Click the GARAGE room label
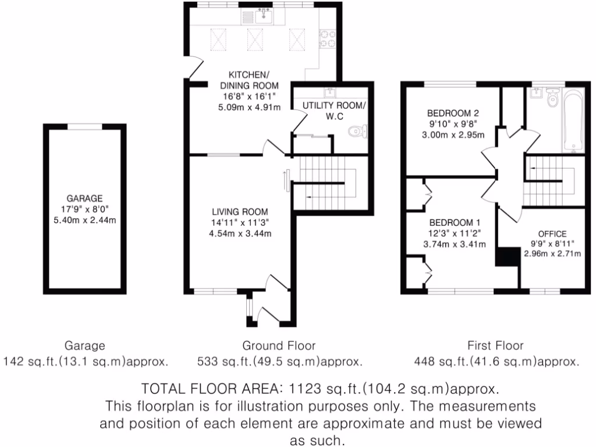pyautogui.click(x=84, y=198)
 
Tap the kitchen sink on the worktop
pyautogui.click(x=263, y=16)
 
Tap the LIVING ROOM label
pyautogui.click(x=240, y=212)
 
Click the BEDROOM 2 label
pyautogui.click(x=452, y=113)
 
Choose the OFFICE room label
pyautogui.click(x=552, y=233)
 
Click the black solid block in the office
pyautogui.click(x=507, y=257)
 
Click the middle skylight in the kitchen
pyautogui.click(x=255, y=40)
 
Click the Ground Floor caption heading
pyautogui.click(x=280, y=345)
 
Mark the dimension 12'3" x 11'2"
pyautogui.click(x=454, y=233)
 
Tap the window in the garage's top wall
pyautogui.click(x=85, y=126)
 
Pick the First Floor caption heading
pyautogui.click(x=496, y=345)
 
